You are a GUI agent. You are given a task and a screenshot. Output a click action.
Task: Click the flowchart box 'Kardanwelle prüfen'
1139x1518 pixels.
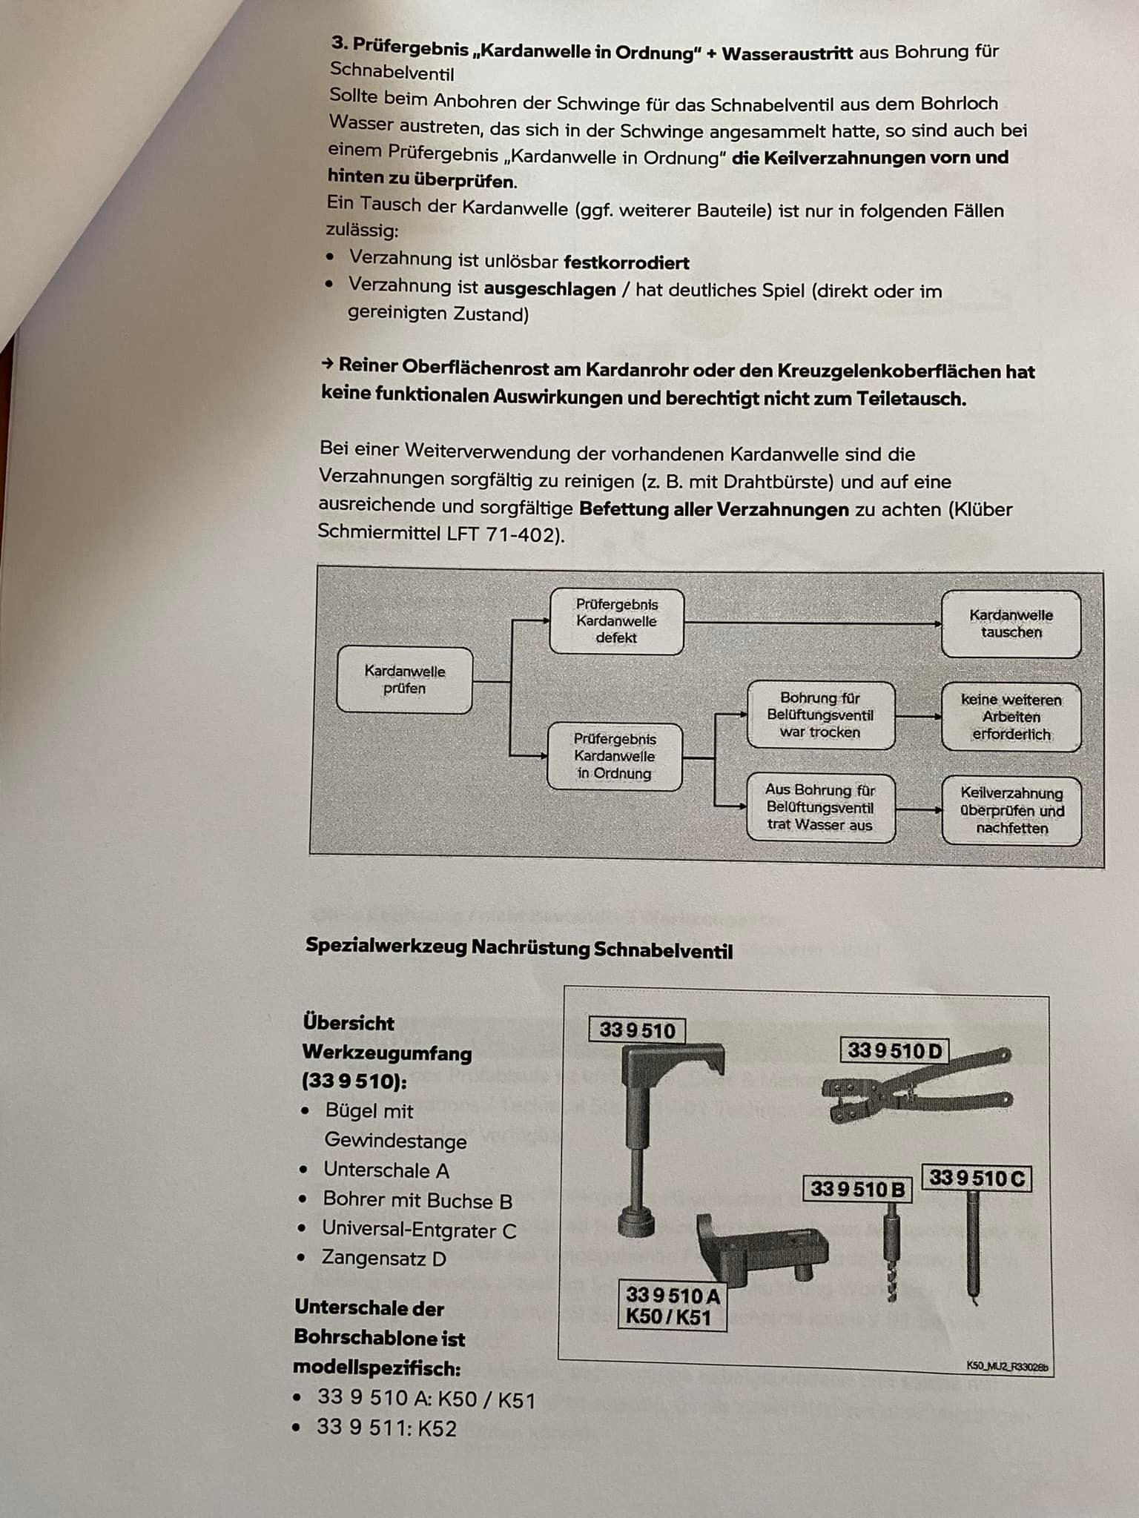click(404, 680)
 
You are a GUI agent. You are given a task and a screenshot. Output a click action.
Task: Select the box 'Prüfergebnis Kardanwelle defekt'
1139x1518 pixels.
click(616, 621)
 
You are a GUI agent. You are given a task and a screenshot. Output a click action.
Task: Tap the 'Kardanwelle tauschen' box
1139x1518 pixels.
click(1011, 623)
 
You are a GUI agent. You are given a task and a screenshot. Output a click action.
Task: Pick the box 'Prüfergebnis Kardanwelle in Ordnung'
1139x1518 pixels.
click(614, 756)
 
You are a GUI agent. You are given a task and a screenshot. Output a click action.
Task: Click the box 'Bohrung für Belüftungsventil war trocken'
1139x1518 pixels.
click(820, 715)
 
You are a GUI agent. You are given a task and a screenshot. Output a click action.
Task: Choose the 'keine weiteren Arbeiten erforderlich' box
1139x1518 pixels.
click(1011, 717)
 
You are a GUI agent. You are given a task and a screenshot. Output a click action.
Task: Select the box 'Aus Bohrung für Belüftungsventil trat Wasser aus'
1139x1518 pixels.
click(820, 807)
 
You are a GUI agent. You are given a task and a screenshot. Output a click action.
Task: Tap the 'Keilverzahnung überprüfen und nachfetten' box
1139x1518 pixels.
click(1011, 810)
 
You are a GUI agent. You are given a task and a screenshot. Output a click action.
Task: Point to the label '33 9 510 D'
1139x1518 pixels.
click(895, 1050)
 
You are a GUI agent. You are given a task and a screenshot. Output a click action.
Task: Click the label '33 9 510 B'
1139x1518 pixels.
click(857, 1189)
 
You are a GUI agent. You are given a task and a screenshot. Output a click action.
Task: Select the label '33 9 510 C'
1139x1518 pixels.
click(977, 1178)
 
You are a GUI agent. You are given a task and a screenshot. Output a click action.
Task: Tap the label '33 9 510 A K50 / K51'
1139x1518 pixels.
click(672, 1306)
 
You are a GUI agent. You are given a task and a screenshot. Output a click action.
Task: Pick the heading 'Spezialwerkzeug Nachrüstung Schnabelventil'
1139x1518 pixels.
click(519, 948)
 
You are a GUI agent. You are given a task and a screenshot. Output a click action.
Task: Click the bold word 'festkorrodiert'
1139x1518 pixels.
click(626, 263)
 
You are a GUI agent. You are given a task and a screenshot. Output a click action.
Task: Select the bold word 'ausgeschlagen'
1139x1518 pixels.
click(549, 288)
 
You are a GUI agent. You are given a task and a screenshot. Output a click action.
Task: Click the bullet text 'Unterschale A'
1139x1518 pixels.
click(386, 1170)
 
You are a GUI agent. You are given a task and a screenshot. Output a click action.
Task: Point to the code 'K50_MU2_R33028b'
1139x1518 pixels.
click(1007, 1366)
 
